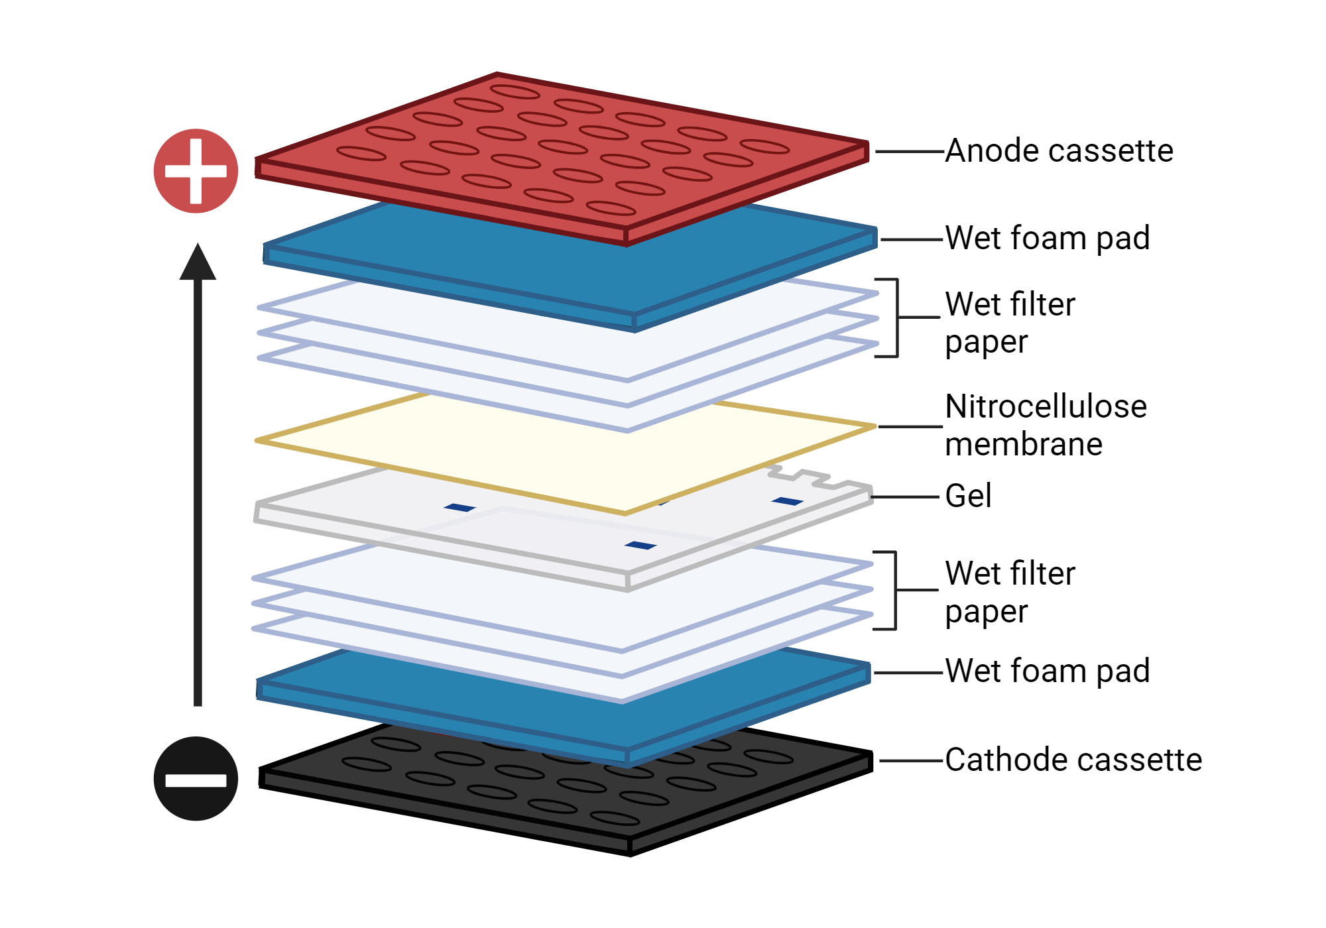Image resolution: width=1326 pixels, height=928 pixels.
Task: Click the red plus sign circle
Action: [x=196, y=171]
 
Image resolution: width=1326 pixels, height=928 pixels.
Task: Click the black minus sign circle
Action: [x=196, y=779]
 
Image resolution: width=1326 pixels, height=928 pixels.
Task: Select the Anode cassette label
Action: [x=1059, y=151]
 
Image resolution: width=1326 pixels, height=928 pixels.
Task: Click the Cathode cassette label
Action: [x=1073, y=760]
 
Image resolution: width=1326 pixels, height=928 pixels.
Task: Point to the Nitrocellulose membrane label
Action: [x=1045, y=425]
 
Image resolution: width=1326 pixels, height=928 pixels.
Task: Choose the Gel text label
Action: [x=968, y=496]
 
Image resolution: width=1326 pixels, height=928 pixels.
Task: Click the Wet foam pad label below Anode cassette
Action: [x=1047, y=238]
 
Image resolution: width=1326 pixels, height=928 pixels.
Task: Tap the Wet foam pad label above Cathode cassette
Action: [x=1047, y=671]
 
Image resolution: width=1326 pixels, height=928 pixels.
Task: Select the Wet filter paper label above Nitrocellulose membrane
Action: [x=1009, y=323]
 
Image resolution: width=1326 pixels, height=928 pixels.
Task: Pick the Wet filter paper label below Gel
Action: [x=1009, y=592]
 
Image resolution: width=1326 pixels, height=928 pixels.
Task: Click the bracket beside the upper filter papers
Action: [x=896, y=318]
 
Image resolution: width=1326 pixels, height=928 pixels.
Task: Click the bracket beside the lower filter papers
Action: [x=895, y=590]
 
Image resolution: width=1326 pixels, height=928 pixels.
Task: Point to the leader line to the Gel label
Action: [x=905, y=496]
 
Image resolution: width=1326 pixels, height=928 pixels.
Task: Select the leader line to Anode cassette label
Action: [x=910, y=152]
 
